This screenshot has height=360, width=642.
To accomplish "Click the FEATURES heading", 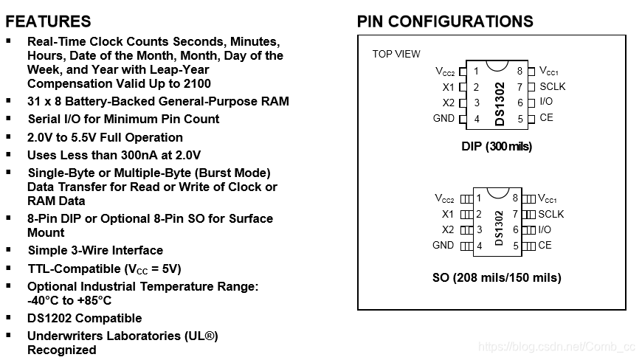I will point(49,21).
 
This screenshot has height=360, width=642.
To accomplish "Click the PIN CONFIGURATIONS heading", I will point(445,21).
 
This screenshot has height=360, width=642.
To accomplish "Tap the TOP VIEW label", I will point(396,54).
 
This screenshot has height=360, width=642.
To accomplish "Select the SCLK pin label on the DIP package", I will point(552,86).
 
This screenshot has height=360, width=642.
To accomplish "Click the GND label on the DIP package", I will point(443,118).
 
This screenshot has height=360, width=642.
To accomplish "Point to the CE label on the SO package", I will point(545,245).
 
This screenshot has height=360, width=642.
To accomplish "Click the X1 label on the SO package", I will point(448,214).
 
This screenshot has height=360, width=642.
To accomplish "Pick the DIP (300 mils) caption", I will point(496,146).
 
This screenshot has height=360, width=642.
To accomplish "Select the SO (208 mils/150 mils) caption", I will point(496,278).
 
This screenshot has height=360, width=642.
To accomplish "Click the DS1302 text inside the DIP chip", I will point(500,103).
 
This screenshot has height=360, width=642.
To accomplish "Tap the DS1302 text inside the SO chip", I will point(500,229).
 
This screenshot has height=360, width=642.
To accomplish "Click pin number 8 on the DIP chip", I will point(520,72).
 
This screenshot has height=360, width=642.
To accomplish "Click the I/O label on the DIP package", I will point(545,102).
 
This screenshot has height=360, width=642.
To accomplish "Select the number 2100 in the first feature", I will point(196,83).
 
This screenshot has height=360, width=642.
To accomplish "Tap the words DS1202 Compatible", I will point(84,318).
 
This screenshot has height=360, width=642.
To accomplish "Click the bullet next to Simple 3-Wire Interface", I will point(9,249).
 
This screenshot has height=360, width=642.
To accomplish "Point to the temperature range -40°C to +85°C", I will point(69,300).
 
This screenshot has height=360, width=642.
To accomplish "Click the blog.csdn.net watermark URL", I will point(556,346).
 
